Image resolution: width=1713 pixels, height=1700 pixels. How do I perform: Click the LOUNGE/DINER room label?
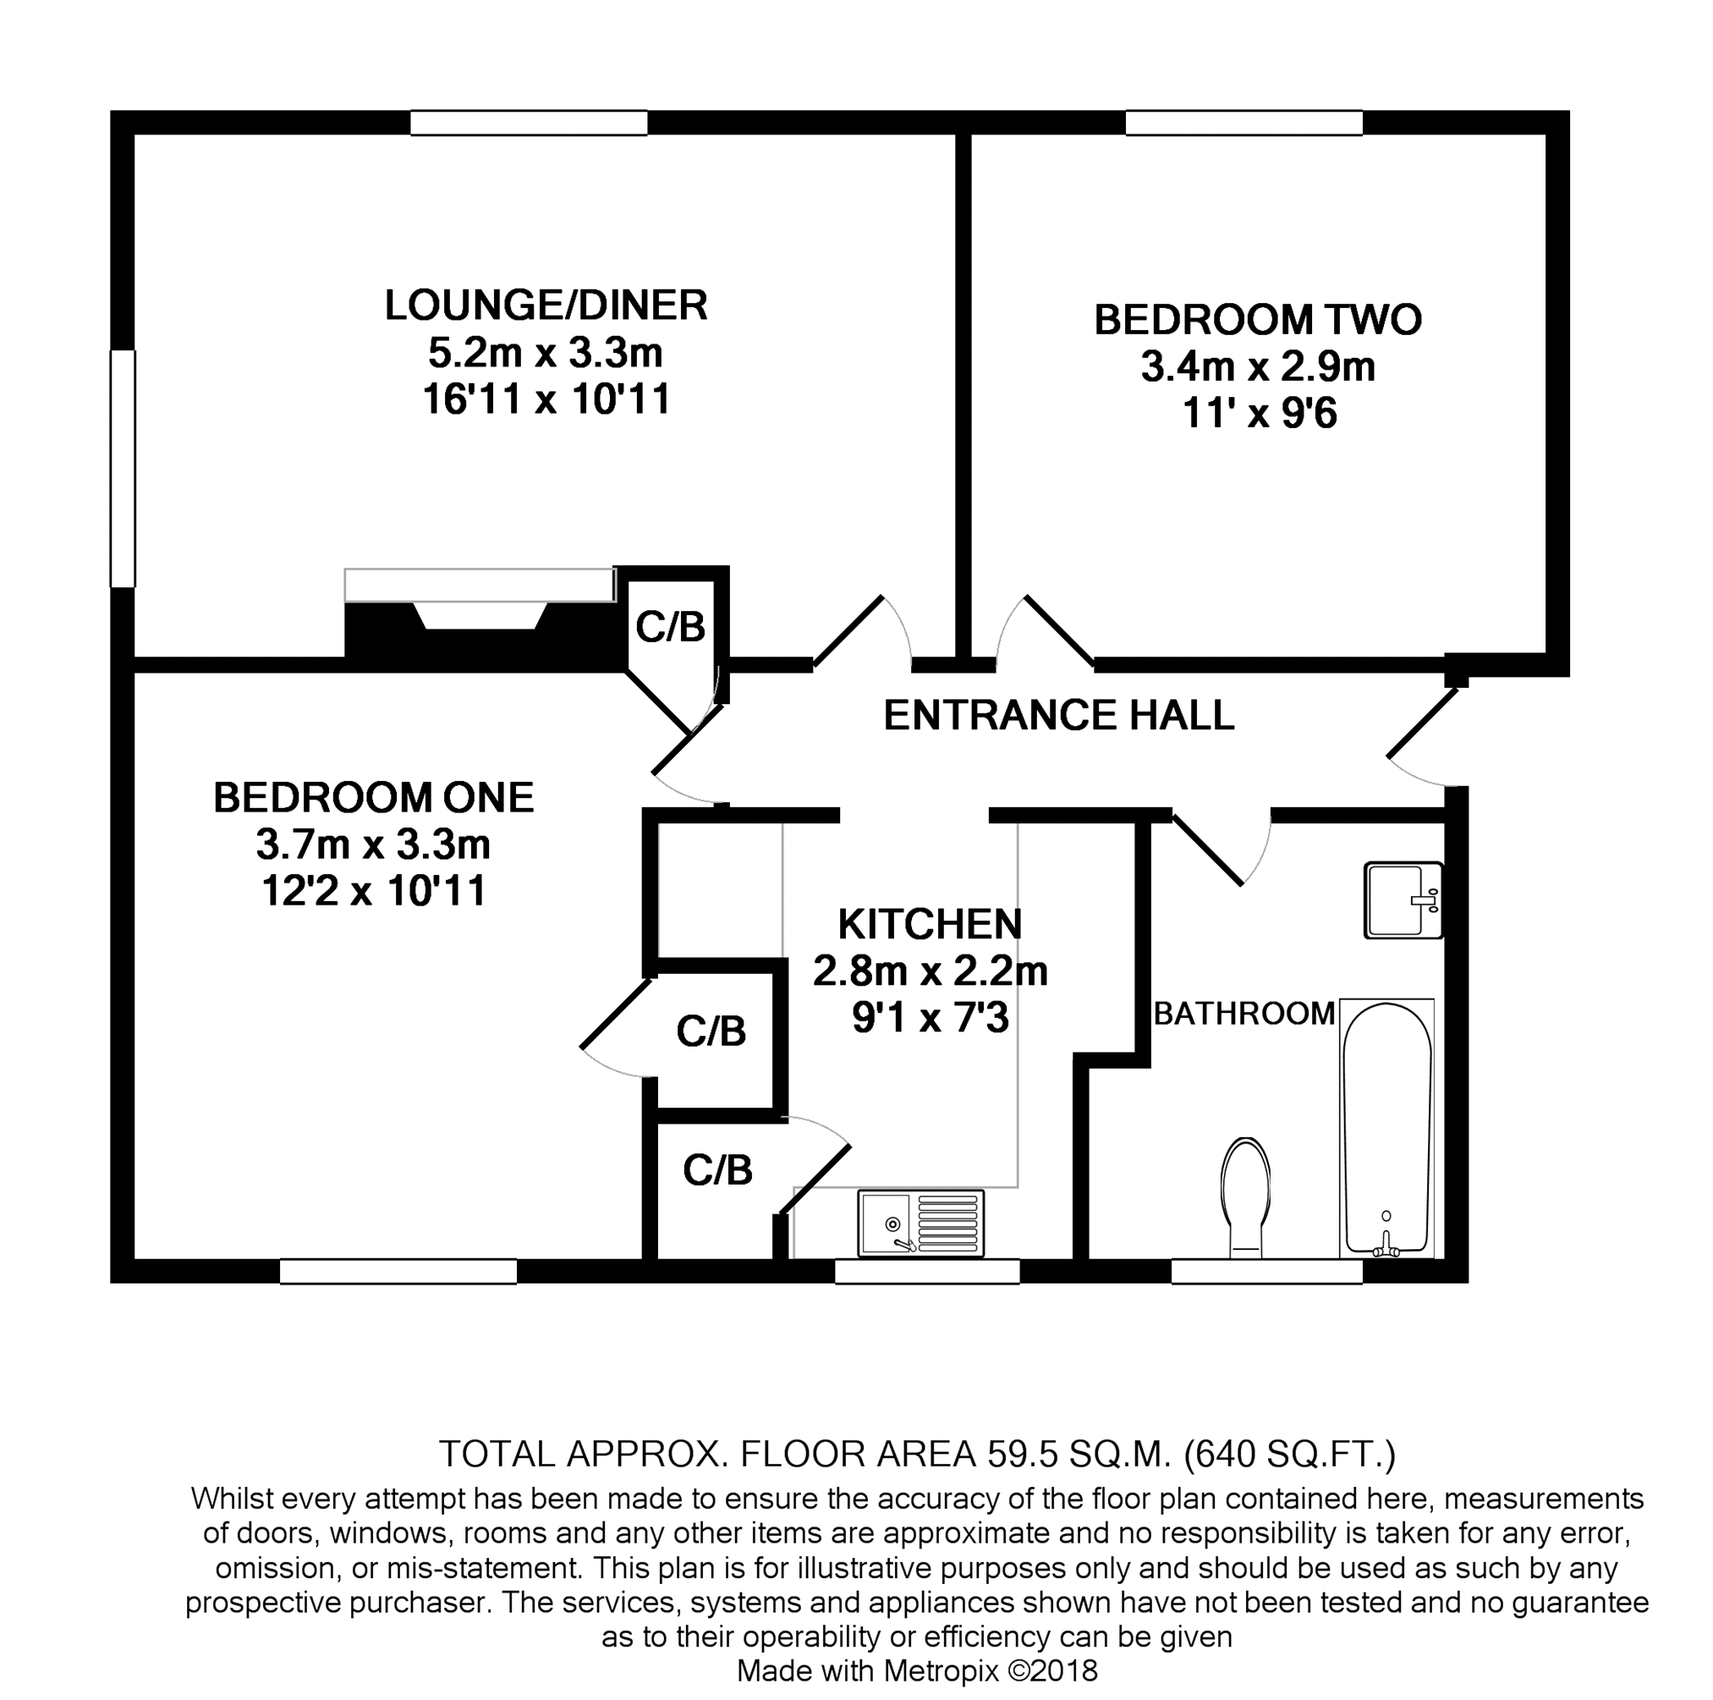(x=546, y=305)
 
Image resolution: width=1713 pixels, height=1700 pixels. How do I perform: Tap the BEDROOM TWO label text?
(x=1257, y=320)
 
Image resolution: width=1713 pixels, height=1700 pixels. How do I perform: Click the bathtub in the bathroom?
(x=1386, y=1128)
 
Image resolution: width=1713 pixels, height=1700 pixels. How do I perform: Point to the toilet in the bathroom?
(x=1246, y=1197)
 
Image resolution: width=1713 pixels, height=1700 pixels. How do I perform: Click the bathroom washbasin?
(x=1403, y=900)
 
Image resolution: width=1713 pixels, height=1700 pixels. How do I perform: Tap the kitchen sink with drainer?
(x=920, y=1224)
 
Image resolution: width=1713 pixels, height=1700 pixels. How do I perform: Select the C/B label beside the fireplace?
(x=670, y=628)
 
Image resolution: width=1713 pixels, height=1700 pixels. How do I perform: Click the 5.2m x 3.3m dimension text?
(x=546, y=353)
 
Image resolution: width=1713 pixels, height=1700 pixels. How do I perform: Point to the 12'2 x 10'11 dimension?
(x=373, y=890)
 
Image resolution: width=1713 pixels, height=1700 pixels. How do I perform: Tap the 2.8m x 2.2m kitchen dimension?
(x=930, y=972)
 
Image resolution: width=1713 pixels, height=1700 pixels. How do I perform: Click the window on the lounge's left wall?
(x=123, y=468)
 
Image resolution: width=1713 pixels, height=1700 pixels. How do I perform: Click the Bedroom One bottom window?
(x=398, y=1271)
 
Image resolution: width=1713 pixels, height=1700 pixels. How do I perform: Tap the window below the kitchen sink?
(x=927, y=1271)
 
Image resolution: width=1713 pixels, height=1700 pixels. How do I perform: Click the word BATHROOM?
(x=1244, y=1013)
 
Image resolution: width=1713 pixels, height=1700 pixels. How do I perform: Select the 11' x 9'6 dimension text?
(x=1259, y=414)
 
